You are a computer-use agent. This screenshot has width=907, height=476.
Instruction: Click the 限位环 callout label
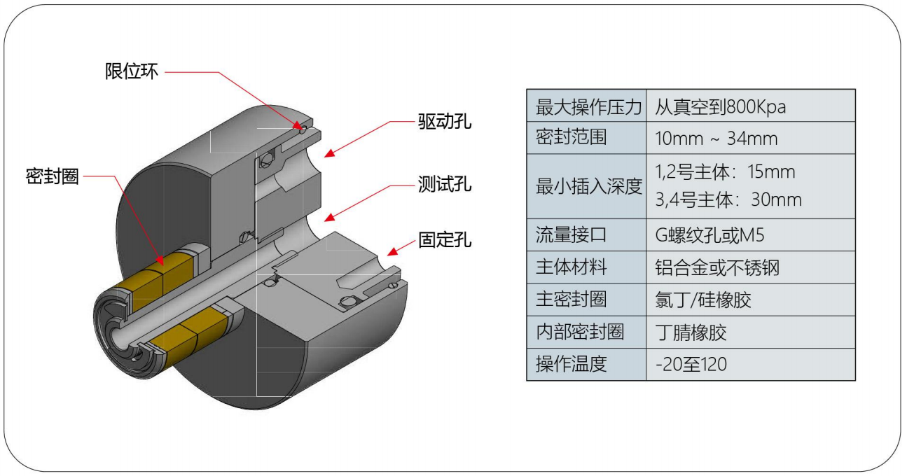point(132,72)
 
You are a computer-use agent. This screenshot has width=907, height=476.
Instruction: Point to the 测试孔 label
point(445,185)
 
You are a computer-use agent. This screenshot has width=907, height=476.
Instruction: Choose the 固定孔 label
point(445,240)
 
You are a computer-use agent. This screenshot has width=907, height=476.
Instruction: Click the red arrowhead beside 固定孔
point(392,250)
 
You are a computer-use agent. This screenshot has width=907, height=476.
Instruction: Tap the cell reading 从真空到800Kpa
point(721,106)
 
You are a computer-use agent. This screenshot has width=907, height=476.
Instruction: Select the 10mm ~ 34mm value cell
point(716,138)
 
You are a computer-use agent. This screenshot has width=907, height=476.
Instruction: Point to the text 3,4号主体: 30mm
point(728,200)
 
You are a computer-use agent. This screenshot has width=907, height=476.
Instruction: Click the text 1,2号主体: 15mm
point(725,172)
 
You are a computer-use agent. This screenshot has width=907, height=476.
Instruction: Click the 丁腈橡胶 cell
point(691,332)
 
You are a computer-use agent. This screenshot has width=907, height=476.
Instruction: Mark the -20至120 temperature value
point(691,364)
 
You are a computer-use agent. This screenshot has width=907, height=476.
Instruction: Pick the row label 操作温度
point(570,364)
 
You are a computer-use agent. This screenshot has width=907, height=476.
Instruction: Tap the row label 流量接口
point(570,235)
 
